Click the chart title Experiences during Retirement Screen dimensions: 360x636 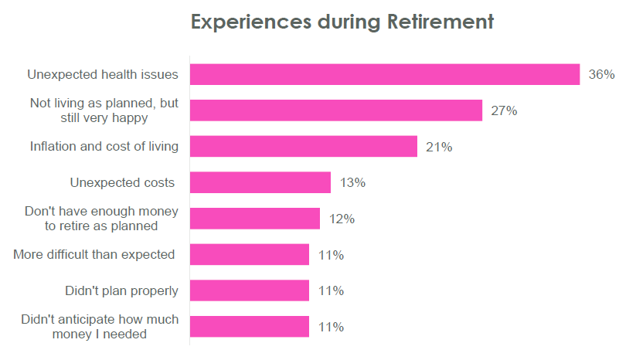342,22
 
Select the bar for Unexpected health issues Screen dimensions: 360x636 384,74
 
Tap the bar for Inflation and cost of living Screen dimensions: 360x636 303,147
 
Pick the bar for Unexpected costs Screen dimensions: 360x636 260,183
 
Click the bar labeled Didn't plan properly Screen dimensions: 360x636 249,290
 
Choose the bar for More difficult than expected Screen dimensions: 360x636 249,255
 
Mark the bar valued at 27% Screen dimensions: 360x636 335,110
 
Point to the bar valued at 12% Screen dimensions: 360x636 254,219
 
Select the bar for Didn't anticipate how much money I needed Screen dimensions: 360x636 249,327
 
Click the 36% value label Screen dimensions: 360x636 601,75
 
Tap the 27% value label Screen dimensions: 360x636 504,110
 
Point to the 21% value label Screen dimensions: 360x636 439,147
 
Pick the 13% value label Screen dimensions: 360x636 352,183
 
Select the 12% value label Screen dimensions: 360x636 342,219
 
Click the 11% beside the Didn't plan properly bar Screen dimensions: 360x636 331,290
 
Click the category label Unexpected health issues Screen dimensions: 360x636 103,75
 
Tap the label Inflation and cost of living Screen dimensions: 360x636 104,147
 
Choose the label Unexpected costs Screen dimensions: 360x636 123,183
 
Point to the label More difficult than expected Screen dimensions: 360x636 94,255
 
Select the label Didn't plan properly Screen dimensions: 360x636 122,290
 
